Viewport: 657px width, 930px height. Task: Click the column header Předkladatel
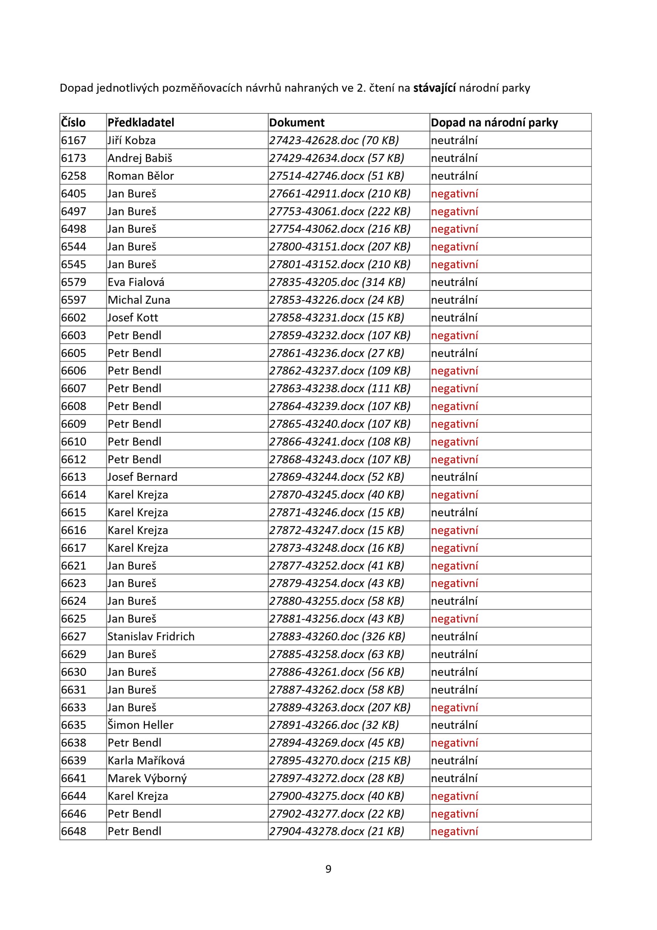tap(140, 122)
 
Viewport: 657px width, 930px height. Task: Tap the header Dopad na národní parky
tap(494, 122)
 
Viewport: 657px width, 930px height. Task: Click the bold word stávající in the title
tap(434, 88)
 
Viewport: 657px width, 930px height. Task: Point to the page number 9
tap(328, 869)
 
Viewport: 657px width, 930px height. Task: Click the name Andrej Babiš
tap(140, 158)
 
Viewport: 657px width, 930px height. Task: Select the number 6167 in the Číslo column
tap(74, 140)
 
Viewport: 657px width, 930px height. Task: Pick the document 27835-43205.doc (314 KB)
tap(337, 282)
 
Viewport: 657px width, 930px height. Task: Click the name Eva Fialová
tap(136, 282)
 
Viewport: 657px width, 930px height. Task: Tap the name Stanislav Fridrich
tap(151, 636)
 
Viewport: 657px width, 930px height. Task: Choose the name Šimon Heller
tap(140, 725)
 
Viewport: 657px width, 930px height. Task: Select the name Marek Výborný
tap(147, 778)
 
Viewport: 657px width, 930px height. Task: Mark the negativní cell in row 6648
tap(454, 831)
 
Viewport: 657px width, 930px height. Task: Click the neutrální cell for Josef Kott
tap(454, 318)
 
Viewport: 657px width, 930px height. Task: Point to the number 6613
tap(74, 477)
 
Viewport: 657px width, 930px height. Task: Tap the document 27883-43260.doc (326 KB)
tap(337, 636)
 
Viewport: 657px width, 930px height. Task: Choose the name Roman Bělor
tap(140, 176)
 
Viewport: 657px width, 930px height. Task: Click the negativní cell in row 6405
tap(454, 194)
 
